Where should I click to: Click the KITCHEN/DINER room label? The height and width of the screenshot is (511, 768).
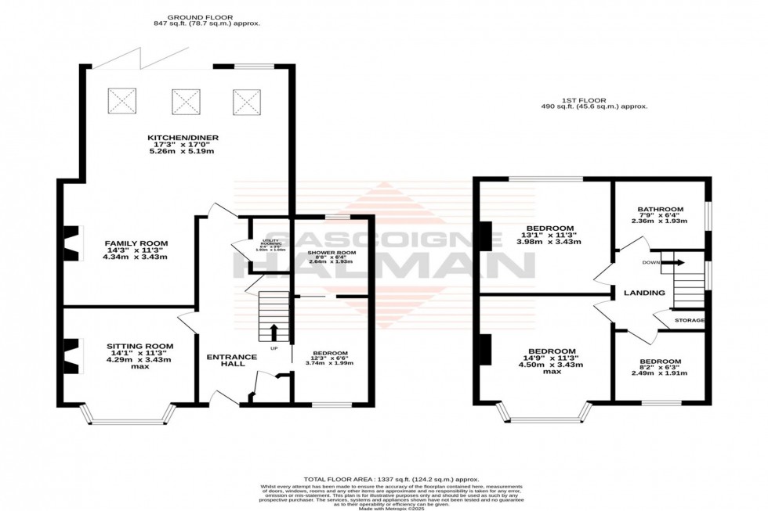pyautogui.click(x=183, y=138)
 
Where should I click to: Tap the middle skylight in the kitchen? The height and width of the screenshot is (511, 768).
pyautogui.click(x=184, y=100)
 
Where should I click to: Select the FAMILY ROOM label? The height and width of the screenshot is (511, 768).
pyautogui.click(x=136, y=243)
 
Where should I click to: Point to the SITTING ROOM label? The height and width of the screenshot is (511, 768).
pyautogui.click(x=139, y=346)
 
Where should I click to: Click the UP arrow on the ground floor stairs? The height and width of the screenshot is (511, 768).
pyautogui.click(x=274, y=332)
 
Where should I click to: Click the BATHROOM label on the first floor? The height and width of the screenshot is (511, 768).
pyautogui.click(x=660, y=210)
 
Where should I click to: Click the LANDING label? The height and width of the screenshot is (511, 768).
pyautogui.click(x=644, y=293)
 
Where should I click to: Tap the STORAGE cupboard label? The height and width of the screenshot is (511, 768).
pyautogui.click(x=690, y=321)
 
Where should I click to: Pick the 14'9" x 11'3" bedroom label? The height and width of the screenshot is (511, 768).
pyautogui.click(x=552, y=351)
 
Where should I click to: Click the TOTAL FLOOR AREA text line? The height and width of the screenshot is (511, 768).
pyautogui.click(x=391, y=478)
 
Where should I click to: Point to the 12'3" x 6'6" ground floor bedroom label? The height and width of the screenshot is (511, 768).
pyautogui.click(x=328, y=353)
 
